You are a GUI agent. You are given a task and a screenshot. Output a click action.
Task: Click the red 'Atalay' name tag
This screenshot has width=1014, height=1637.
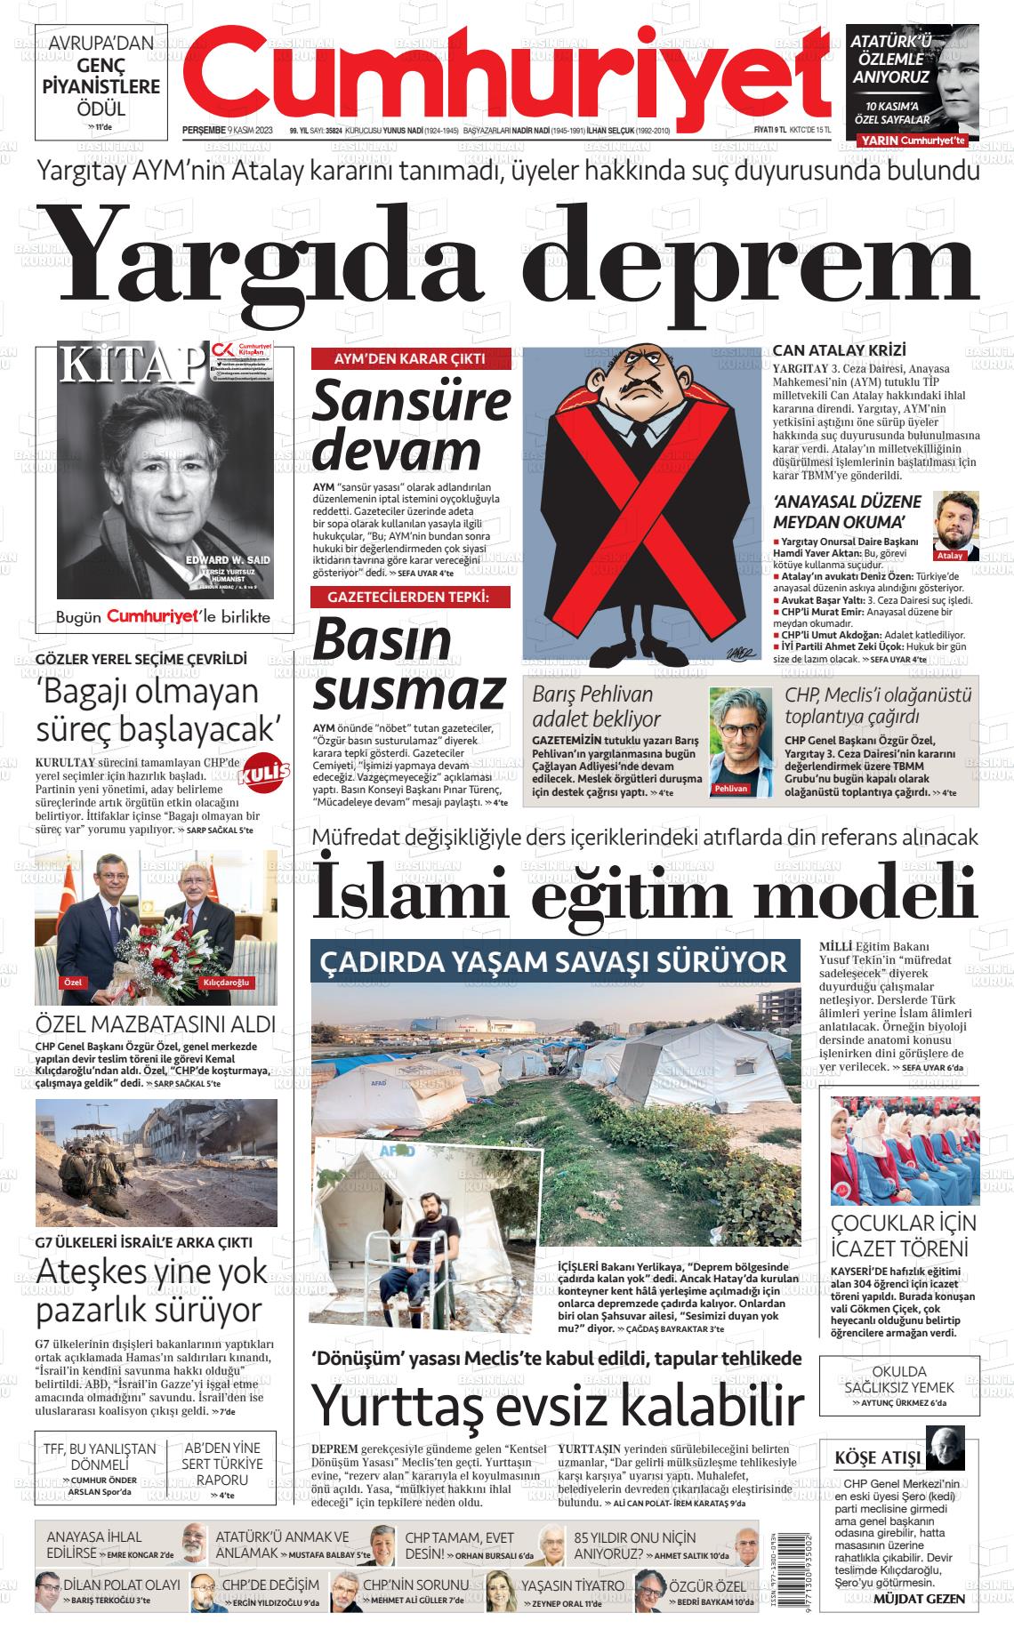[950, 555]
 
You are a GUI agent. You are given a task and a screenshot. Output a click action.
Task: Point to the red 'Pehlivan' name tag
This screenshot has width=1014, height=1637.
[730, 789]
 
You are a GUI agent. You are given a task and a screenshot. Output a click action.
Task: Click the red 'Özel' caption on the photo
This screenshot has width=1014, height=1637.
[72, 982]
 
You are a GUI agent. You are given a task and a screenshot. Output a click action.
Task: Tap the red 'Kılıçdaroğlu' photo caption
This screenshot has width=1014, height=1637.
[227, 982]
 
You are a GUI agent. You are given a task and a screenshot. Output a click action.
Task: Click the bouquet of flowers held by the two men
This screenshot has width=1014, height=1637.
[160, 953]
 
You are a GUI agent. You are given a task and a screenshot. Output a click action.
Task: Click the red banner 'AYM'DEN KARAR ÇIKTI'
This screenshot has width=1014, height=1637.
[410, 358]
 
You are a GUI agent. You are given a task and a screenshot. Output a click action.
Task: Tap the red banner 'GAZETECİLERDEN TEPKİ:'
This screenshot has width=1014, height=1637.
[410, 597]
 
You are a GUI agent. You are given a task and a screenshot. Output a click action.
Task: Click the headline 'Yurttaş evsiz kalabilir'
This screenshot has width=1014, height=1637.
[558, 1406]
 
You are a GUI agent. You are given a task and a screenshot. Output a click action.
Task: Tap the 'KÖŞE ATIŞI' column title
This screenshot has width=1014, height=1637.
[877, 1458]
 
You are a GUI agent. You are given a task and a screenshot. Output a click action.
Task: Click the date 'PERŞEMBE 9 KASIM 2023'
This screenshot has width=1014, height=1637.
[227, 130]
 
